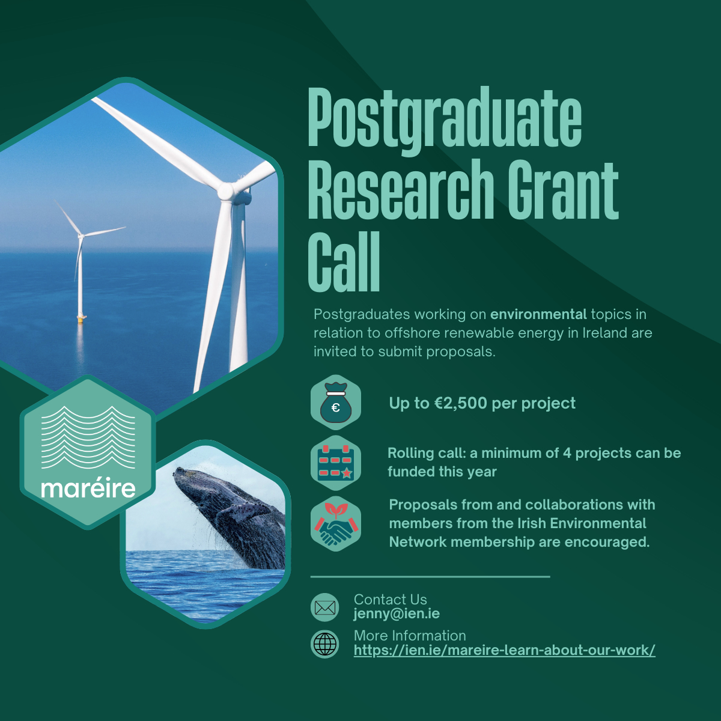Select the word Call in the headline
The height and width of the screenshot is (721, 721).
(344, 262)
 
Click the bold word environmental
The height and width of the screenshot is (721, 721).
(538, 314)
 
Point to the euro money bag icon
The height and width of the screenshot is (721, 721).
(336, 403)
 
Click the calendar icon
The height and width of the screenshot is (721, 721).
(336, 463)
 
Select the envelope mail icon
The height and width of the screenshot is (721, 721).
(325, 608)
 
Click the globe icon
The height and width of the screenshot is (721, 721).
(325, 644)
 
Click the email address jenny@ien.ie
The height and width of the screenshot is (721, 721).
(397, 615)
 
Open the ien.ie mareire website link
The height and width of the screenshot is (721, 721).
(504, 650)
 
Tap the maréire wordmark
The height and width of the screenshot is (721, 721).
(88, 488)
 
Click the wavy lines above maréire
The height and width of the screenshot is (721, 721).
(88, 437)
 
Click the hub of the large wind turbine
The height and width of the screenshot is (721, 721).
(226, 191)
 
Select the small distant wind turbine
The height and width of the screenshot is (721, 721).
(81, 262)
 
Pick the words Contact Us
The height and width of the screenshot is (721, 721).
(391, 600)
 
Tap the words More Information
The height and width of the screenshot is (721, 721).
(410, 636)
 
